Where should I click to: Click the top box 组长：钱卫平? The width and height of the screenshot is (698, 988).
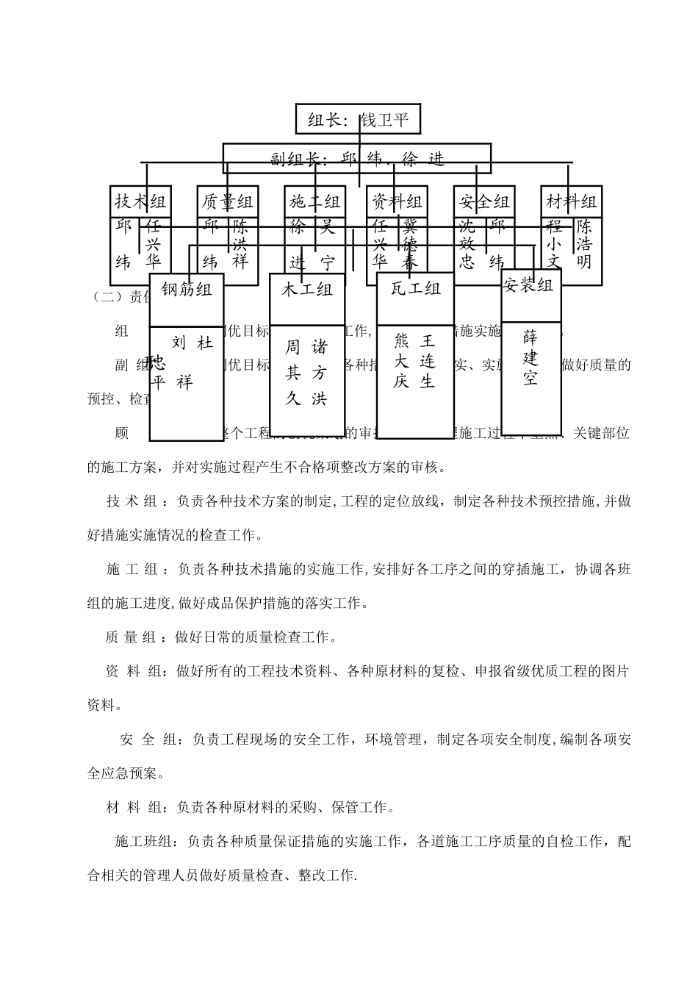358,119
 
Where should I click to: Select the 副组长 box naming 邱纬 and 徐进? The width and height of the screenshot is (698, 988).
357,159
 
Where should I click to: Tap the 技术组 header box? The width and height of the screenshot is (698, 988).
140,201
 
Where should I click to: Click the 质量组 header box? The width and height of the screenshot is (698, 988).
228,201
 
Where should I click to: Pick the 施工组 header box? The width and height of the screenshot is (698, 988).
315,201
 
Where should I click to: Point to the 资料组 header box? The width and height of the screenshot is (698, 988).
397,201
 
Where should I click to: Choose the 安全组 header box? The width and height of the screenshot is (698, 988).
483,201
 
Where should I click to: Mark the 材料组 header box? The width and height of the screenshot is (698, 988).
572,201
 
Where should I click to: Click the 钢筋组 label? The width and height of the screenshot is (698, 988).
187,290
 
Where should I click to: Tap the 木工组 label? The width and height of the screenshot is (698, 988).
307,290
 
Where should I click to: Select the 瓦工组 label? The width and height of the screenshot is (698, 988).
416,289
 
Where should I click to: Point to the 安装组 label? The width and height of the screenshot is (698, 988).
529,285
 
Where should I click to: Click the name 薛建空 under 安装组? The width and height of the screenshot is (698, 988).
530,358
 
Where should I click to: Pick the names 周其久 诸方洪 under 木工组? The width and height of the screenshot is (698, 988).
307,373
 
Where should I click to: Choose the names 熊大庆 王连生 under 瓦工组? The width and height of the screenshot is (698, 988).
415,361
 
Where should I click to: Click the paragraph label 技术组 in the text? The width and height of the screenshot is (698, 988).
132,501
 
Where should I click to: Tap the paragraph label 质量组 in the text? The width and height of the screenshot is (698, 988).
132,637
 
